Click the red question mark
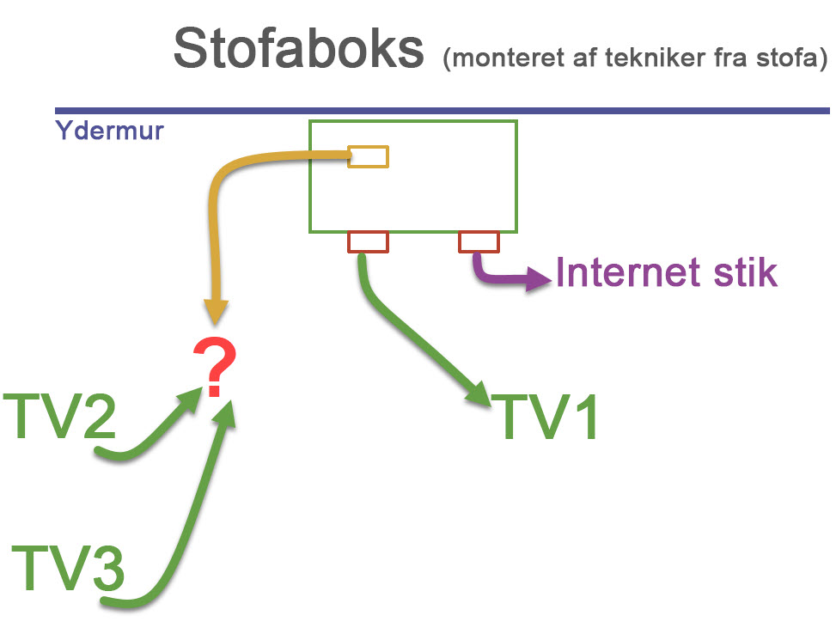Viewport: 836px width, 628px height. coord(215,367)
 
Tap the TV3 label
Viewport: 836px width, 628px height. coord(69,567)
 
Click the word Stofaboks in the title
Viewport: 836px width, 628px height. coord(299,49)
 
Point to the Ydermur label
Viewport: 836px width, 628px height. coord(109,131)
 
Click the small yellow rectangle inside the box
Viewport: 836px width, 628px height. coord(368,156)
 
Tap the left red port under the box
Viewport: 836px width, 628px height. coord(368,241)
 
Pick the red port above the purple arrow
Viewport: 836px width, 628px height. coord(479,241)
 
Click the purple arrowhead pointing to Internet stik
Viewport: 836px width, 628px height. coord(539,279)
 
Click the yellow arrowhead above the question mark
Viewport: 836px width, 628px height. coord(215,311)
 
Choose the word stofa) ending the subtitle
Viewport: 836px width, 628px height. coord(796,59)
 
